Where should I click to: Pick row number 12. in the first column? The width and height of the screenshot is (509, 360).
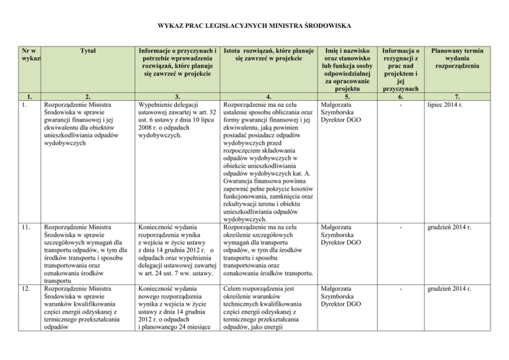pyautogui.click(x=25, y=289)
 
